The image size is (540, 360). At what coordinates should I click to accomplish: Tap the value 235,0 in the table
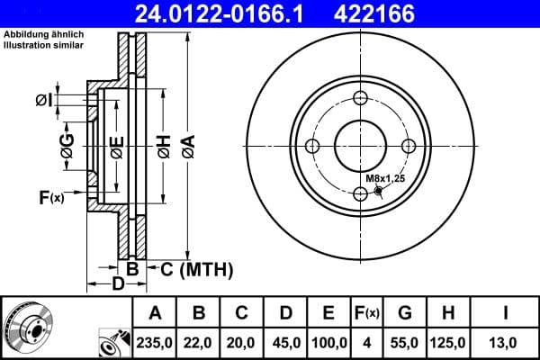(x=155, y=342)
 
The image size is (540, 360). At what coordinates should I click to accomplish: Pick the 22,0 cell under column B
(x=199, y=342)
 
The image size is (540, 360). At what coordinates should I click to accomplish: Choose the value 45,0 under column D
(x=285, y=342)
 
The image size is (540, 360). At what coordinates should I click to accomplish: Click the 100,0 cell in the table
(x=329, y=342)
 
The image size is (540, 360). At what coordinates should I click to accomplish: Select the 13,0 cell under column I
(x=506, y=342)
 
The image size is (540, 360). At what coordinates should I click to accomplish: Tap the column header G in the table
(x=405, y=313)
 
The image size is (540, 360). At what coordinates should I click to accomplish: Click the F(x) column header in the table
(x=367, y=313)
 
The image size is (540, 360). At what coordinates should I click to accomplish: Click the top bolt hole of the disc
(x=360, y=99)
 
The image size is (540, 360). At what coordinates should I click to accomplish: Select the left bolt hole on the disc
(x=312, y=147)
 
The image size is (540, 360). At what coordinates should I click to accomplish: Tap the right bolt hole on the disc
(x=408, y=147)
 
